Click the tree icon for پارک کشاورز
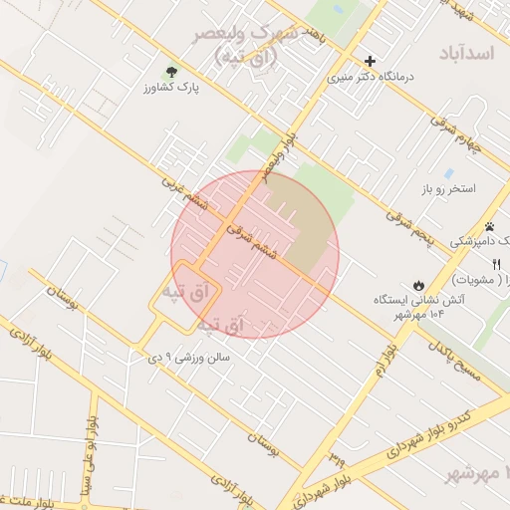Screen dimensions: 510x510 coord(170,72)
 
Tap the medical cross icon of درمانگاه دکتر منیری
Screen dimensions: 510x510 coord(371,61)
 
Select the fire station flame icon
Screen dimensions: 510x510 coord(418,283)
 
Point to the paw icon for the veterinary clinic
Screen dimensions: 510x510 coord(489,226)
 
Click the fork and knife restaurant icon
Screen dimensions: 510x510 coord(496,263)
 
